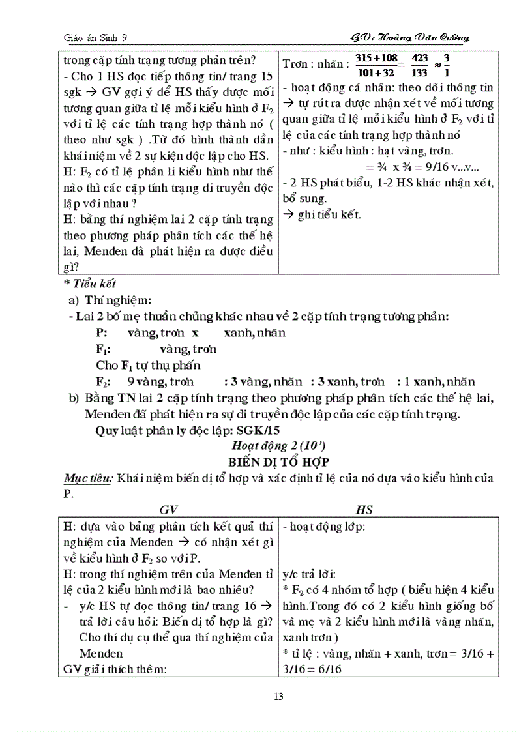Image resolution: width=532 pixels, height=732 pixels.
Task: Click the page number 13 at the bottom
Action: coord(278,697)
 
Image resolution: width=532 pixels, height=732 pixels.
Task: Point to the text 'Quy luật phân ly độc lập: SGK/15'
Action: coord(173,430)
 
